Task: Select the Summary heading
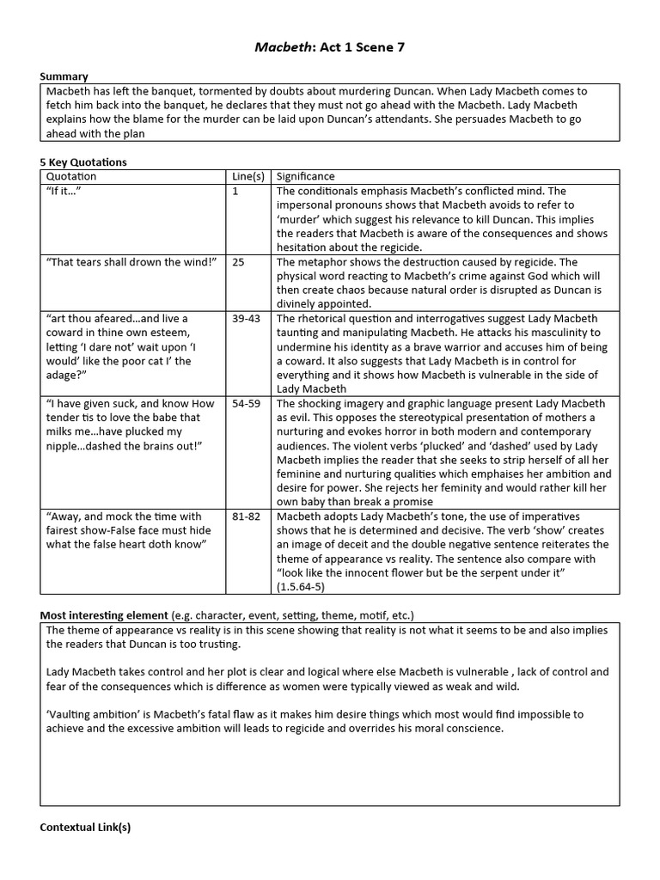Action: tap(64, 76)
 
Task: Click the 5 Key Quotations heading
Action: tap(83, 162)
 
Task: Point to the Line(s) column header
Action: tap(248, 176)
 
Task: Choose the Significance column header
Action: tap(306, 176)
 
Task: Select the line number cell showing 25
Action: tap(239, 262)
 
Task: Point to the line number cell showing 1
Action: tap(235, 191)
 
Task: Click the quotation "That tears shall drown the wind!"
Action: tap(129, 262)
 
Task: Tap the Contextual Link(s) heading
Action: tap(85, 828)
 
